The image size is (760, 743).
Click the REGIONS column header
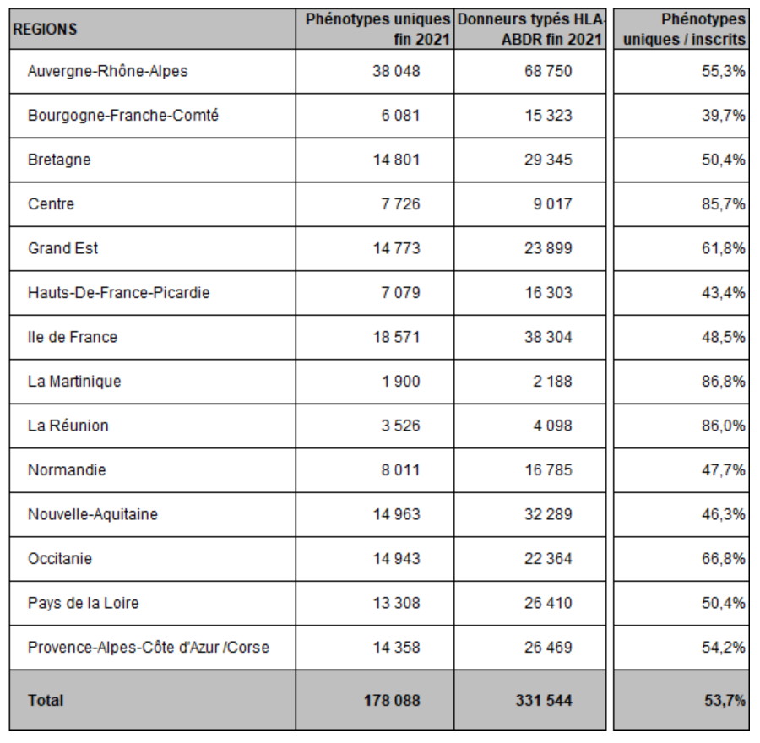(45, 29)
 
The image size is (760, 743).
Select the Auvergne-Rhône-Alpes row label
(107, 71)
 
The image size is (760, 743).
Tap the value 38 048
(396, 71)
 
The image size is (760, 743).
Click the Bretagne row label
(59, 160)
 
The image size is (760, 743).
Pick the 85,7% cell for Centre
(723, 204)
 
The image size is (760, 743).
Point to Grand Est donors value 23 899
(548, 248)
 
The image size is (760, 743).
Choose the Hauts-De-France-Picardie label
(119, 293)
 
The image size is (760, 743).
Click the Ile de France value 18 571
(396, 338)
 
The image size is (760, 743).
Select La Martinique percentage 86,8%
(723, 382)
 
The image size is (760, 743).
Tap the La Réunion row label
(68, 426)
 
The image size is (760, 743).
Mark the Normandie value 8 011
(400, 470)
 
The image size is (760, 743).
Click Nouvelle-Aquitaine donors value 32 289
(548, 514)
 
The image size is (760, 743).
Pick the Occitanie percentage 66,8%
(723, 559)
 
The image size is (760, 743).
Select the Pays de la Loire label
(84, 603)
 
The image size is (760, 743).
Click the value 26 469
(548, 648)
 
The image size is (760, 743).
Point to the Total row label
(46, 700)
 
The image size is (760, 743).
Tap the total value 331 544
(543, 700)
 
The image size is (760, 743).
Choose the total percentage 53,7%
(725, 700)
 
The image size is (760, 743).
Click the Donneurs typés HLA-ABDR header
(530, 29)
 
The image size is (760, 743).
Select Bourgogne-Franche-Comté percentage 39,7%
(723, 116)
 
